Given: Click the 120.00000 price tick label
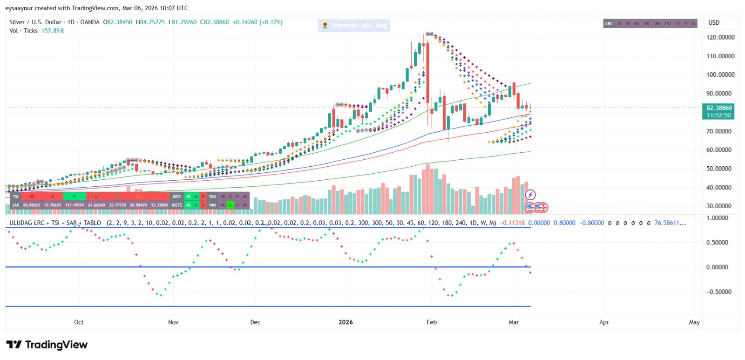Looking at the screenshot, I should [x=720, y=37].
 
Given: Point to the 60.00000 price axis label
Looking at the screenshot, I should [x=720, y=150].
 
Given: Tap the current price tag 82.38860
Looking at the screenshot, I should [x=719, y=108].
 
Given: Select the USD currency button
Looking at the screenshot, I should [x=714, y=22].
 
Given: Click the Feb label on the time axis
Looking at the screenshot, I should [x=432, y=322].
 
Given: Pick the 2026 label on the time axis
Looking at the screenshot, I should [x=345, y=322].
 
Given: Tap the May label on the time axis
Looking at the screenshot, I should [x=694, y=322].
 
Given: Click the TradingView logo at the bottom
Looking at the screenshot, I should [x=47, y=345].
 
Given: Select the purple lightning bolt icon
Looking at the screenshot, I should [x=530, y=195].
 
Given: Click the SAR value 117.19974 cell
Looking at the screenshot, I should [x=74, y=205].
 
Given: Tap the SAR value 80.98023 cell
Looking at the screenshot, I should [x=32, y=205].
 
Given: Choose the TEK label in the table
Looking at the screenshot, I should [x=212, y=197].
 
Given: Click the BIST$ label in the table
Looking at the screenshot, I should [x=177, y=205].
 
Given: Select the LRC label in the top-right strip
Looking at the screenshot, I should [x=609, y=24].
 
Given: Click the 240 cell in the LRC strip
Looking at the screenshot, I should [x=667, y=24].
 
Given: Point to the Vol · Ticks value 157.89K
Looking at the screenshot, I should [x=53, y=31].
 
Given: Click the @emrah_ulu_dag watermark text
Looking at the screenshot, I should [x=359, y=25].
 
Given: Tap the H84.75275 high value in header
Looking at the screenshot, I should [x=150, y=22].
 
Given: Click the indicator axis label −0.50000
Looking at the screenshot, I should [x=717, y=292].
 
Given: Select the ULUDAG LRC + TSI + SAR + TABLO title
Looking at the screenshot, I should [x=55, y=223].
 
